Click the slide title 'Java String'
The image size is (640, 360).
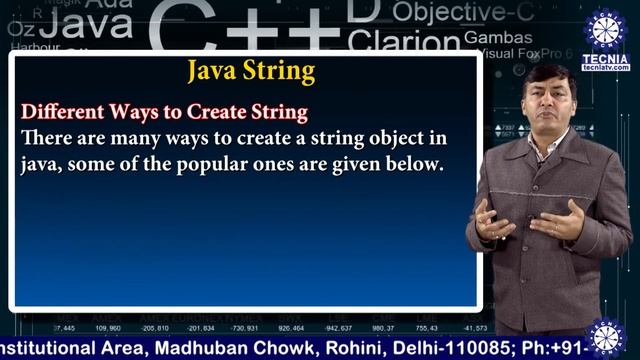click(251, 72)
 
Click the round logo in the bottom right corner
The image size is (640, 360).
click(606, 337)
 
